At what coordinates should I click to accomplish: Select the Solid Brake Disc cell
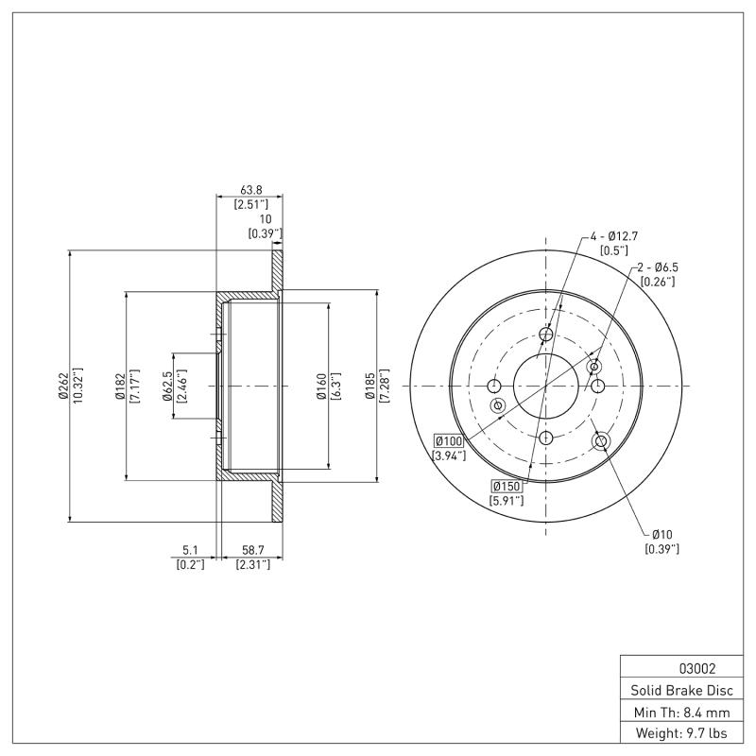coord(680,690)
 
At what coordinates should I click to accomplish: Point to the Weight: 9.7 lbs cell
coord(680,732)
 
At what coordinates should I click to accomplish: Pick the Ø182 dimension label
coord(120,386)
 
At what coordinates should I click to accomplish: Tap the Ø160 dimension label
coord(322,386)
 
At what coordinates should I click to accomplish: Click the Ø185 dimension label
coord(370,386)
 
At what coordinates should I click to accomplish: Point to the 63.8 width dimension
coord(250,189)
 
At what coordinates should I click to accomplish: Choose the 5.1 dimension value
coord(190,550)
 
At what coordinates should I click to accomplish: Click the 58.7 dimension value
coord(252,550)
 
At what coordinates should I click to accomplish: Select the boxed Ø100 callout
coord(447,441)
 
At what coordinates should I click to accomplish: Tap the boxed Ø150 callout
coord(506,486)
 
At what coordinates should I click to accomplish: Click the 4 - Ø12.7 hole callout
coord(616,235)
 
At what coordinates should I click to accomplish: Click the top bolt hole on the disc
coord(545,334)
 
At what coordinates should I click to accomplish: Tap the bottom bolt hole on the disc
coord(545,438)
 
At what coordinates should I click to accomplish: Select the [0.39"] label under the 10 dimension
coord(265,232)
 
